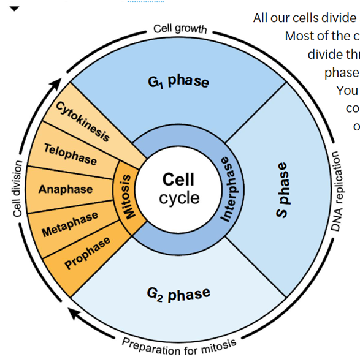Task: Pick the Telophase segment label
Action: (70, 153)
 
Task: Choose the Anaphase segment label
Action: (66, 189)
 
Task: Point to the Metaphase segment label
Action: (70, 224)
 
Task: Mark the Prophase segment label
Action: (88, 252)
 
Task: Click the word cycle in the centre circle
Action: (179, 198)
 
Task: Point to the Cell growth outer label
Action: (180, 29)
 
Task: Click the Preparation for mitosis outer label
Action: (178, 346)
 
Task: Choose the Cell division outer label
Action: (18, 189)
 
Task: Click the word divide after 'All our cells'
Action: (336, 18)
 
